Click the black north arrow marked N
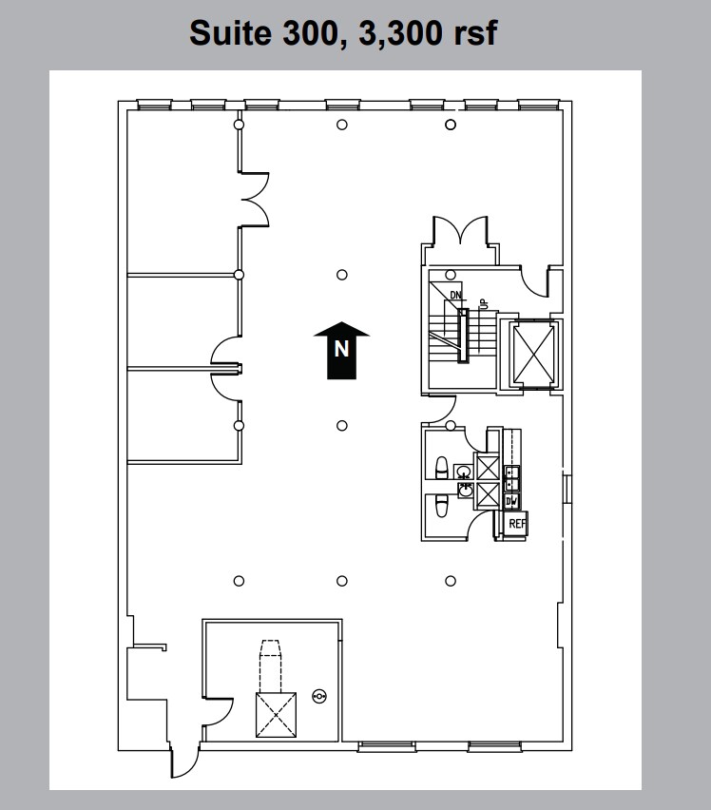pyautogui.click(x=341, y=350)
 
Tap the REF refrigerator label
pyautogui.click(x=516, y=524)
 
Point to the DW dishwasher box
pyautogui.click(x=512, y=501)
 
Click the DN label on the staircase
pyautogui.click(x=455, y=296)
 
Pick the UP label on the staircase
pyautogui.click(x=483, y=303)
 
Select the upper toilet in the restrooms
pyautogui.click(x=440, y=467)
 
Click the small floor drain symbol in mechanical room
pyautogui.click(x=318, y=697)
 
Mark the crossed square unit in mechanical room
pyautogui.click(x=276, y=715)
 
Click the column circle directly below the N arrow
pyautogui.click(x=342, y=426)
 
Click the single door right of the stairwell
pyautogui.click(x=539, y=282)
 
